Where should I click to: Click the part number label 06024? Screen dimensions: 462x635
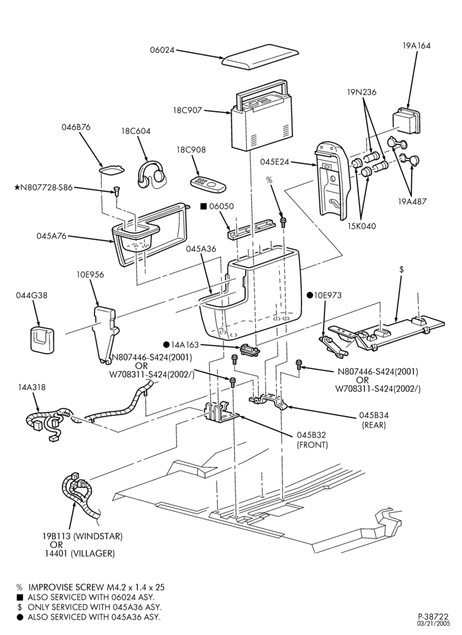click(162, 50)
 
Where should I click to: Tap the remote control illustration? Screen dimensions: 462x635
click(208, 184)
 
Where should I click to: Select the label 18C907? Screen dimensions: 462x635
click(187, 110)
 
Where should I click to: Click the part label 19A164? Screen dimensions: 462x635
click(416, 46)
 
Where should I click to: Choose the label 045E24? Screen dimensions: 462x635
click(275, 162)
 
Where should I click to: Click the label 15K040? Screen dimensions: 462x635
click(361, 226)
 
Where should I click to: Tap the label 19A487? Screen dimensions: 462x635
click(412, 201)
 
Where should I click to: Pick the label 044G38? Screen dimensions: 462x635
click(32, 295)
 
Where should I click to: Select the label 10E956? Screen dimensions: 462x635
click(90, 274)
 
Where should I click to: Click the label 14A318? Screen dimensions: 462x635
click(32, 387)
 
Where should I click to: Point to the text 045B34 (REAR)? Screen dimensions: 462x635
click(374, 420)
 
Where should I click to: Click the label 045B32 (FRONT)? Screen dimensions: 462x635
click(312, 440)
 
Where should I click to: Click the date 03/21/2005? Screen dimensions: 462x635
click(434, 624)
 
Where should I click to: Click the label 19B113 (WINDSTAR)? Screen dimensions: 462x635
click(82, 536)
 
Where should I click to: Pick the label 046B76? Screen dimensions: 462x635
click(76, 127)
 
